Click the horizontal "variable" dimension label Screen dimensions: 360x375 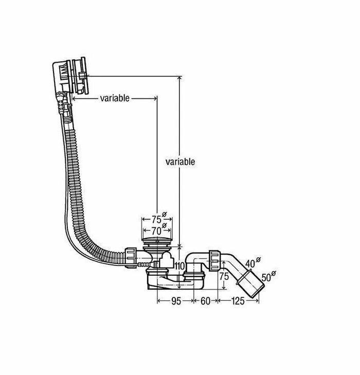pos(115,98)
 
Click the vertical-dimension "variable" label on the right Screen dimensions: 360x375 pos(180,162)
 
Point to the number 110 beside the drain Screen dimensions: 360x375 pos(179,265)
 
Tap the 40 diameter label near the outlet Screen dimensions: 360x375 pos(251,264)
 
